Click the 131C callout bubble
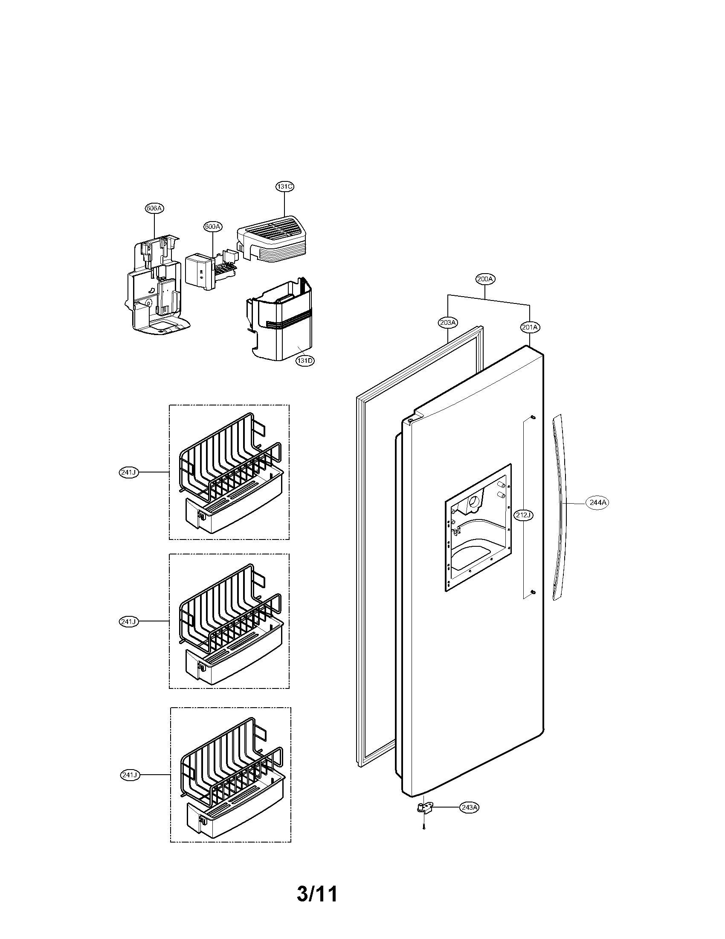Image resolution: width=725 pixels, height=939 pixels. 285,187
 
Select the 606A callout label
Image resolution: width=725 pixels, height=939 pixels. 154,209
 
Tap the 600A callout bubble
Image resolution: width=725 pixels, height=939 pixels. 213,227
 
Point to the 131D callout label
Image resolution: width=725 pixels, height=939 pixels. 304,361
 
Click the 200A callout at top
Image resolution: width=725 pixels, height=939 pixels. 485,279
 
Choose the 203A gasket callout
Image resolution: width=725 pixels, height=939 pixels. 448,322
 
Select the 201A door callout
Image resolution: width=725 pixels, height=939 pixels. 530,327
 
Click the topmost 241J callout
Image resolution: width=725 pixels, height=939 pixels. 128,472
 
